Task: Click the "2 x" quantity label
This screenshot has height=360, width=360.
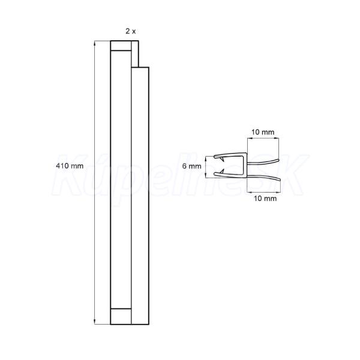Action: tap(130, 31)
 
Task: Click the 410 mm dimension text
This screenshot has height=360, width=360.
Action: tap(70, 166)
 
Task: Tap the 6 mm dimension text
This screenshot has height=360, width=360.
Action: tap(191, 166)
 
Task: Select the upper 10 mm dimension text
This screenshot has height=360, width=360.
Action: tap(263, 132)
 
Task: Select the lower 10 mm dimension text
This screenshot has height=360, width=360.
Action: tap(265, 198)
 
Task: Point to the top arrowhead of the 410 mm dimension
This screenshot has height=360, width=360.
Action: tap(95, 43)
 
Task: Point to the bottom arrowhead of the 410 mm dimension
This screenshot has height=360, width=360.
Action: tap(95, 322)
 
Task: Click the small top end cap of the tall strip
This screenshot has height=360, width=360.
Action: tap(121, 46)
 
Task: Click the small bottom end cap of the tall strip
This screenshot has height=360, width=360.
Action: tap(121, 316)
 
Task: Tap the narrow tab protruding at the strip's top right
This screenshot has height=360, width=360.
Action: tap(135, 54)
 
